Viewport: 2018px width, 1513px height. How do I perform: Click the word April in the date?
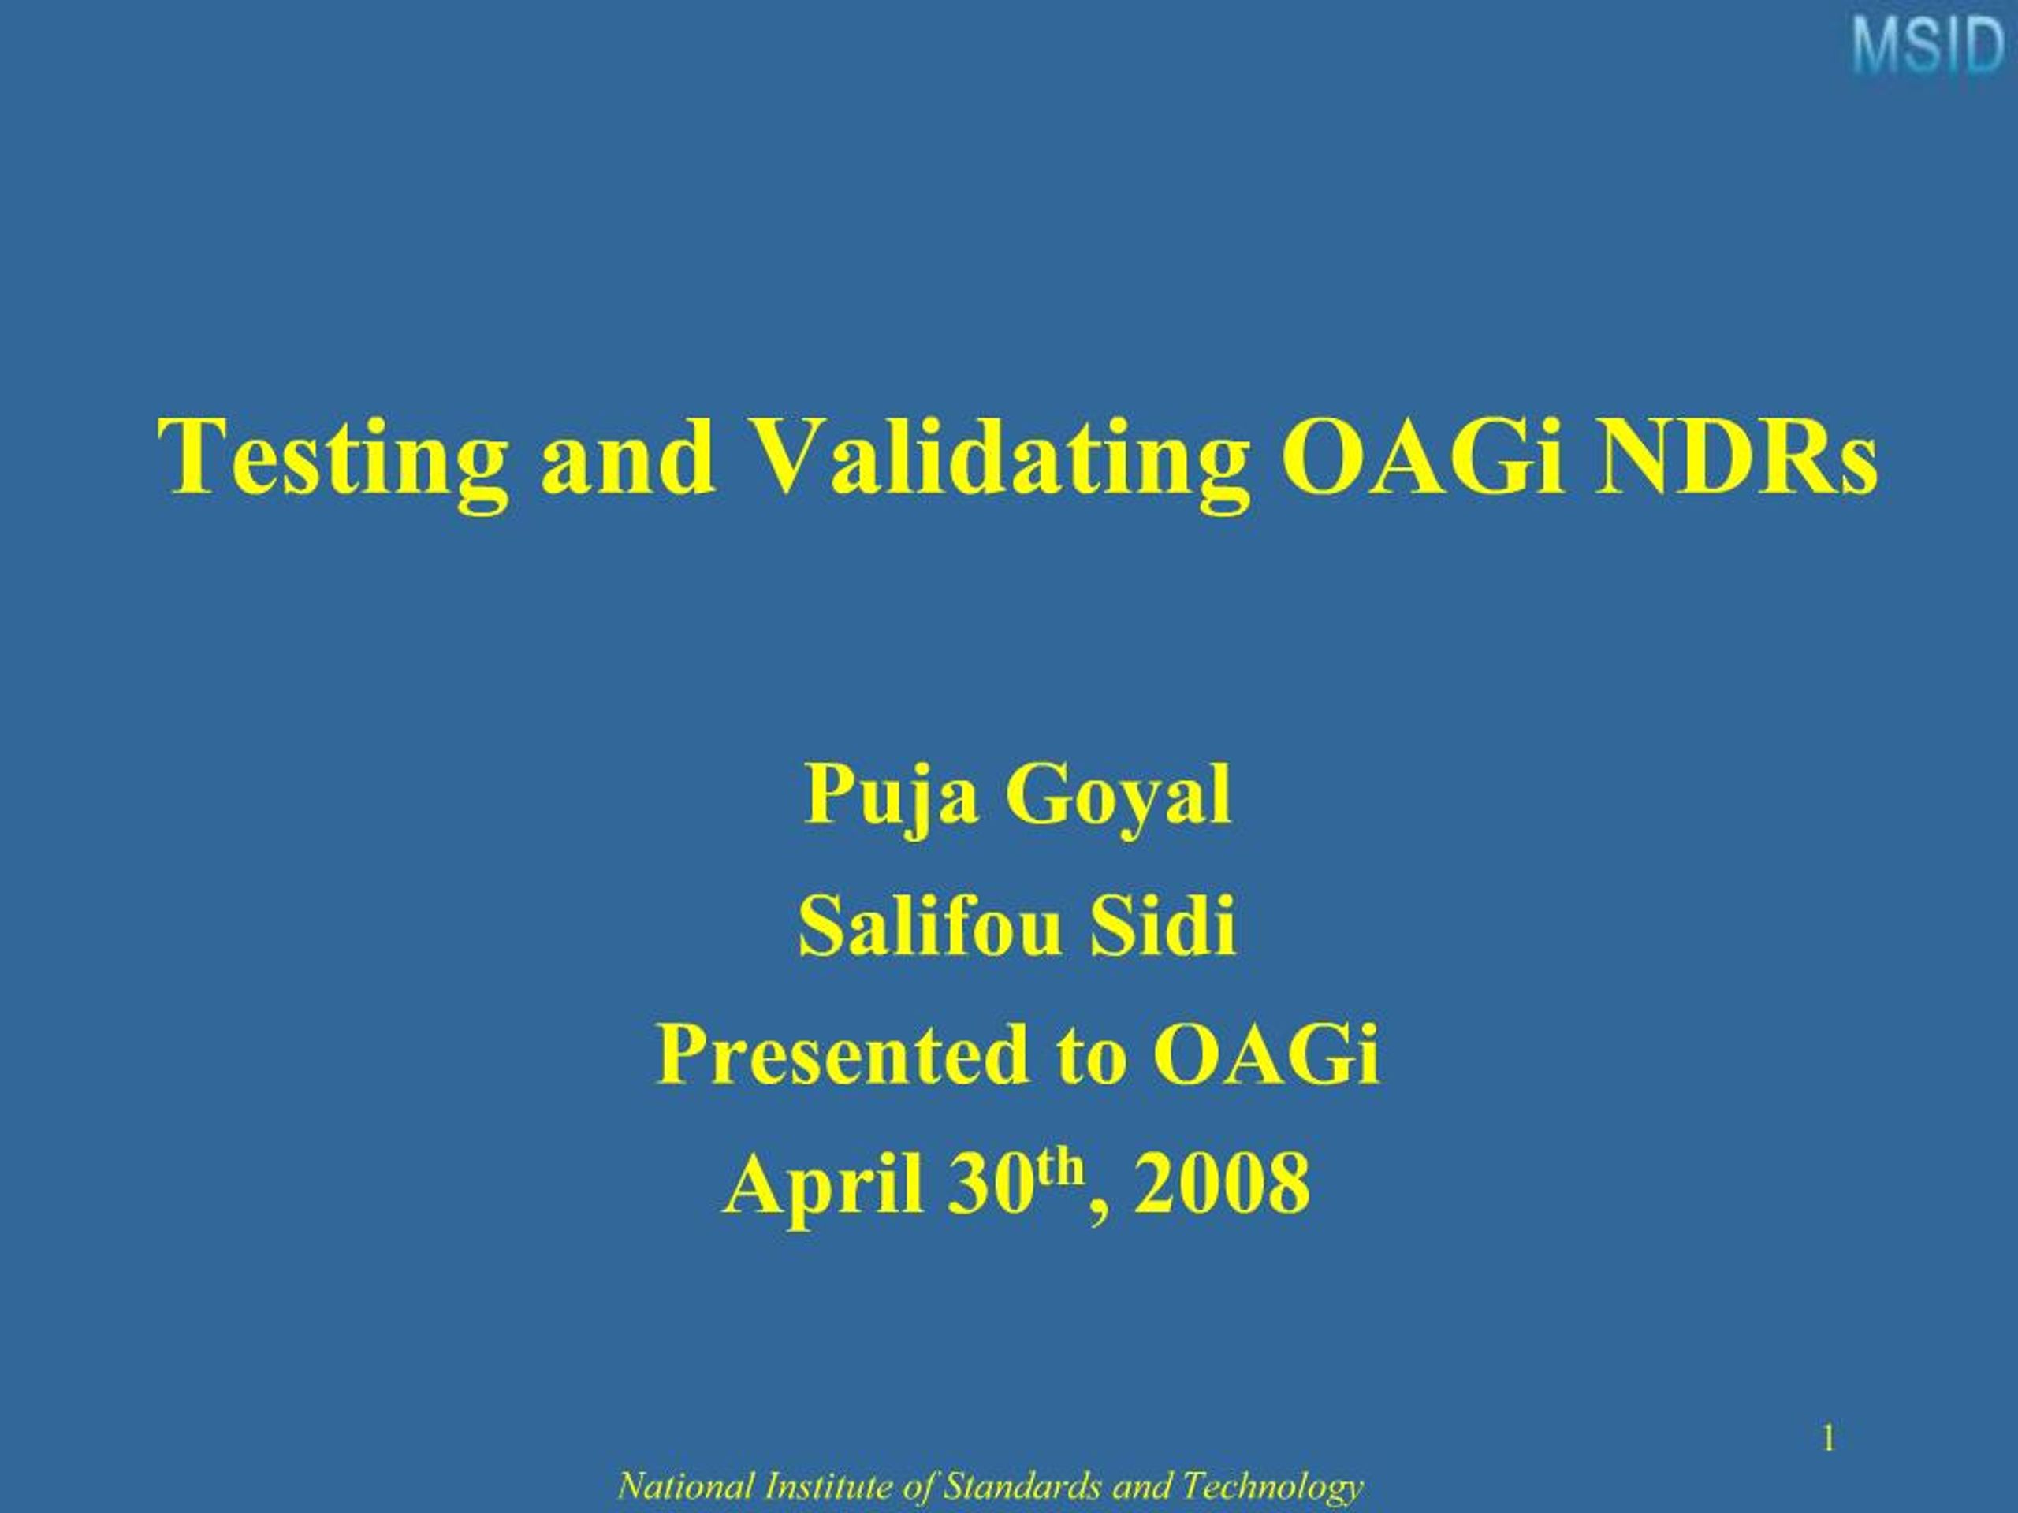823,1186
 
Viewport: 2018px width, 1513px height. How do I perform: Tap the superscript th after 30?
1056,1165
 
